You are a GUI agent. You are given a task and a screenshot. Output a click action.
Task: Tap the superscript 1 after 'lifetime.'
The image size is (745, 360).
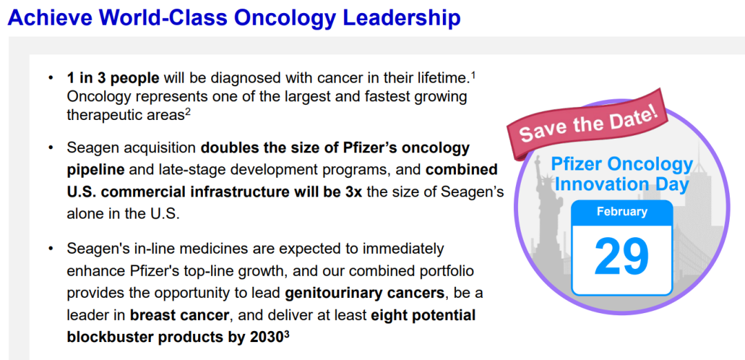[x=473, y=74]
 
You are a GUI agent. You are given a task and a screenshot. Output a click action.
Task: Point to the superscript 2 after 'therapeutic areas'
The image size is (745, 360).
[x=188, y=112]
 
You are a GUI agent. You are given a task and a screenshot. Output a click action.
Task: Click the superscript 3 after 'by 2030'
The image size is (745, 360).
[x=286, y=333]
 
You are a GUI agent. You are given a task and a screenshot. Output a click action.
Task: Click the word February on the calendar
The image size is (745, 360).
[x=622, y=211]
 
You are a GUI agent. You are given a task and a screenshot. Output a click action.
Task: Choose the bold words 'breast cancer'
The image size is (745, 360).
[x=180, y=315]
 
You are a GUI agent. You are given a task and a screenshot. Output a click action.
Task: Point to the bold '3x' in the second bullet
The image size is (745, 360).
[x=352, y=191]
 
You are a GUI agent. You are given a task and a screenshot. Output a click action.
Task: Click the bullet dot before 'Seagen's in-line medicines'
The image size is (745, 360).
[x=51, y=248]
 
